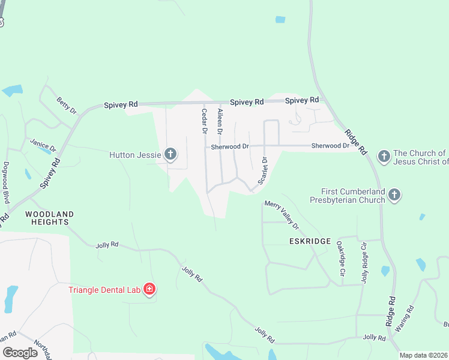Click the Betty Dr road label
67,106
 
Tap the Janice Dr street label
43,145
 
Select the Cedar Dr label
204,120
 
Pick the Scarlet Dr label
262,170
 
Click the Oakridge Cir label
341,259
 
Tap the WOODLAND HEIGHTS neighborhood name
49,218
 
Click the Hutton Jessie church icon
170,155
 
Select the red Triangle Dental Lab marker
149,290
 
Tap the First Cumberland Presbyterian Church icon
394,194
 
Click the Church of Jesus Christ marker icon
384,157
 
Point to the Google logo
20,353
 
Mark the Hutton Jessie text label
135,155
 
